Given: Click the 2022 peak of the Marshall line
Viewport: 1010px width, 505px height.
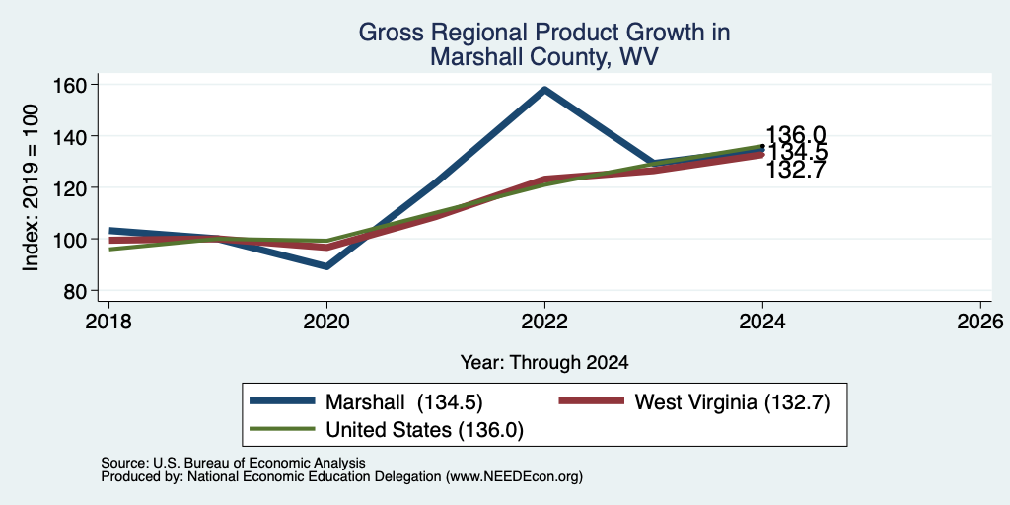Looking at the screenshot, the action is pyautogui.click(x=544, y=90).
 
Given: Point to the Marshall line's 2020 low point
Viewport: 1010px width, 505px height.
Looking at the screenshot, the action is pyautogui.click(x=326, y=266).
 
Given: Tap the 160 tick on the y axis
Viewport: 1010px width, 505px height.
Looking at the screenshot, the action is pyautogui.click(x=93, y=85).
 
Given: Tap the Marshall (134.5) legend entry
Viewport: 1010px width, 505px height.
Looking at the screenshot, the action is pyautogui.click(x=367, y=402).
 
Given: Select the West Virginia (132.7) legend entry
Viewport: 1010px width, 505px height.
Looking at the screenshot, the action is pyautogui.click(x=694, y=402).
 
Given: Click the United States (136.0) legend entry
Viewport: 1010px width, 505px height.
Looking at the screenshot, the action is pyautogui.click(x=387, y=430).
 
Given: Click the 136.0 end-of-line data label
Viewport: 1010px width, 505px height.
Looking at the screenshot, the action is pyautogui.click(x=796, y=134).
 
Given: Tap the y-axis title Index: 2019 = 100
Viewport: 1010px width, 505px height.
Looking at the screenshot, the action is pyautogui.click(x=31, y=187).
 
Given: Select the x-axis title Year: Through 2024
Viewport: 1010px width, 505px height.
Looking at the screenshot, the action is pyautogui.click(x=544, y=363).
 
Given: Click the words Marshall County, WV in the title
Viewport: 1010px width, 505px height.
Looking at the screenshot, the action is pyautogui.click(x=544, y=56).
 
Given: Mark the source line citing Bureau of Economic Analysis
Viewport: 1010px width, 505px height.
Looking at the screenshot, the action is pyautogui.click(x=233, y=464).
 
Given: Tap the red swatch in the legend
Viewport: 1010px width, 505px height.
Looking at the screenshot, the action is pyautogui.click(x=592, y=401).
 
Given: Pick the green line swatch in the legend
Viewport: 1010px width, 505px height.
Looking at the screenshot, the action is pyautogui.click(x=282, y=429).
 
